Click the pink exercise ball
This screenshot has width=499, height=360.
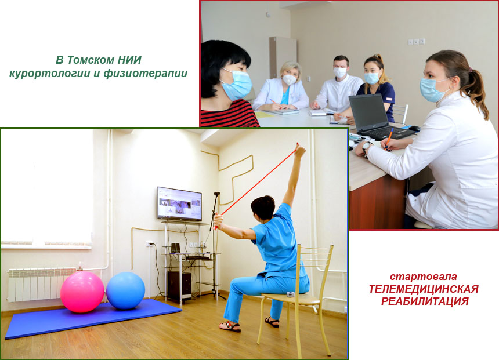[x=82, y=292]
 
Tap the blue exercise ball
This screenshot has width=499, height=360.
[x=125, y=290]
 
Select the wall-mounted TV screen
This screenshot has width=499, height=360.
[x=179, y=204]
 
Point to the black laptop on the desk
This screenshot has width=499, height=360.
[x=375, y=118]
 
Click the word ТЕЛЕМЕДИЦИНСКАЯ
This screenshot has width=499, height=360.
[x=424, y=289]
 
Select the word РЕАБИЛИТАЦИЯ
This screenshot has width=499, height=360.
[x=425, y=301]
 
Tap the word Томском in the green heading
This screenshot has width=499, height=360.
[x=91, y=60]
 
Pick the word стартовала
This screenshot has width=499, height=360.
[x=424, y=277]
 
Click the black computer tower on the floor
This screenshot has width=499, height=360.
[x=179, y=285]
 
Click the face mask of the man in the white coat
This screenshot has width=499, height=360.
[x=340, y=73]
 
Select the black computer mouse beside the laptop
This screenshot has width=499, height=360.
[x=415, y=129]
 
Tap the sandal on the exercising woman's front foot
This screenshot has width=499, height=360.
[x=230, y=326]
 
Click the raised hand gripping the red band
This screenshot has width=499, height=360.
[x=300, y=150]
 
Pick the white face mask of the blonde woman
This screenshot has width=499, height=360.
[x=290, y=79]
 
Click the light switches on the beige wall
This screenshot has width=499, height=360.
[x=417, y=41]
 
